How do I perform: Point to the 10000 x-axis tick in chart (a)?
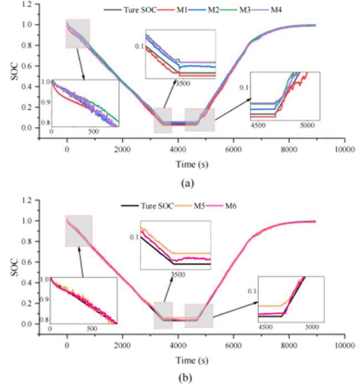click(x=344, y=149)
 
